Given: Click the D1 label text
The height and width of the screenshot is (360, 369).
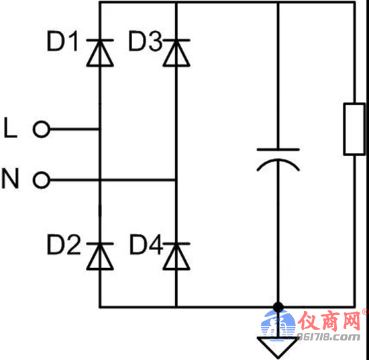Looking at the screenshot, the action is click(62, 42).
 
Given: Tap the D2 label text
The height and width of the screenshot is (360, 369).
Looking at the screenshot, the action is click(64, 245).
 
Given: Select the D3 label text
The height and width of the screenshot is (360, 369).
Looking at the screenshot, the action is click(146, 42).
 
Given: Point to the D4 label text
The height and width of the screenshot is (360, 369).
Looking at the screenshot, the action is click(146, 245).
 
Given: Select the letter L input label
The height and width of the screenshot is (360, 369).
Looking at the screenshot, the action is click(10, 128).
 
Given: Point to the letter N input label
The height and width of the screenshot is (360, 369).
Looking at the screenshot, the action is click(10, 178).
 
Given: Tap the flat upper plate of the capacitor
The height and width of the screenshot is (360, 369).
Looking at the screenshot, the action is click(278, 149).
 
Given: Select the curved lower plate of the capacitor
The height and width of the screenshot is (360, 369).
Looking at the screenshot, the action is click(278, 160).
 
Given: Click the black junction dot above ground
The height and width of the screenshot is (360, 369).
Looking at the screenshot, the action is click(278, 307).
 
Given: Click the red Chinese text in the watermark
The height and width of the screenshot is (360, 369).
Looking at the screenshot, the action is click(329, 321).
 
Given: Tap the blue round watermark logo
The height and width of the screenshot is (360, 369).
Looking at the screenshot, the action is click(278, 325).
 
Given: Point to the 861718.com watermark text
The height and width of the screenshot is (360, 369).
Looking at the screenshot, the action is click(329, 337).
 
